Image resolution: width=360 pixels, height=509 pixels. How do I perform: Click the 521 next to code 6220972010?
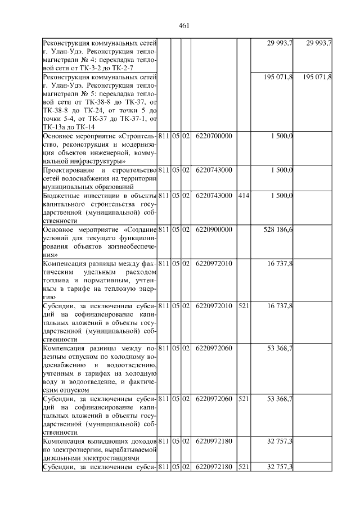coord(243,305)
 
